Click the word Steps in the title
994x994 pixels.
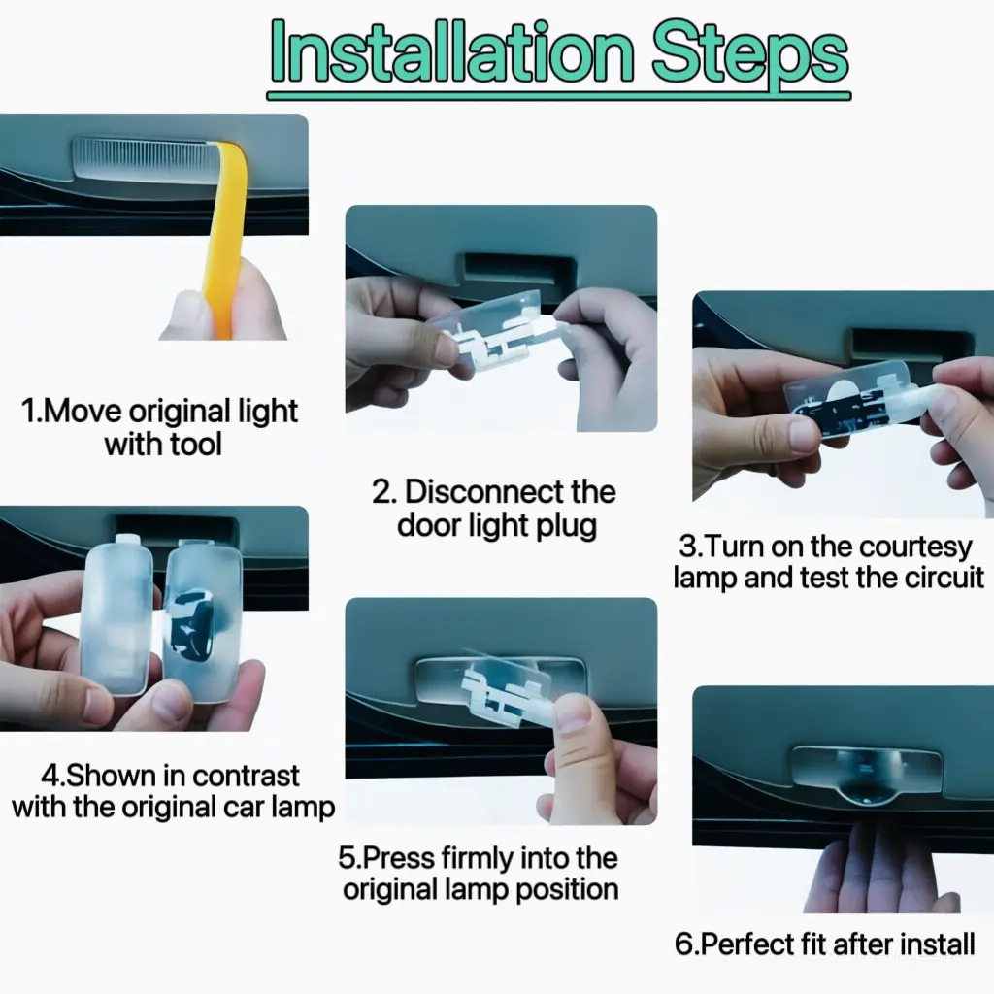[750, 55]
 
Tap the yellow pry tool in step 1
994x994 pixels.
[228, 235]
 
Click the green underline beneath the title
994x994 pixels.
[558, 96]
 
